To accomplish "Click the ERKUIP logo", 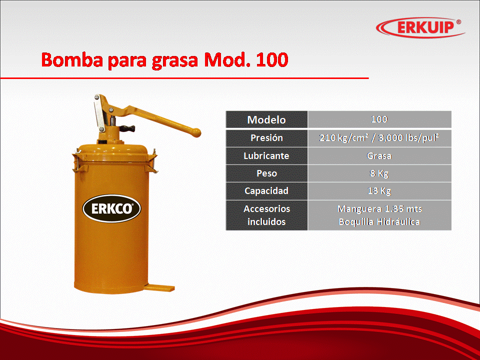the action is [x=420, y=27].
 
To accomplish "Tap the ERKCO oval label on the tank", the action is [x=111, y=209].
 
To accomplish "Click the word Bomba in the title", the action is [x=72, y=59].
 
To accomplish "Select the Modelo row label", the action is [x=266, y=119].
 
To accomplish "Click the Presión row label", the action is [x=266, y=138].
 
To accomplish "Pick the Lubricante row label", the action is [x=266, y=156].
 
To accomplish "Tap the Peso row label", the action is [x=266, y=173].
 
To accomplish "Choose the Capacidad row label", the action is [x=266, y=190].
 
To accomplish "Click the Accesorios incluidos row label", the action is [x=266, y=215].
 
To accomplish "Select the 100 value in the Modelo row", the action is [x=379, y=119].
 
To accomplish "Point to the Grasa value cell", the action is [x=379, y=156].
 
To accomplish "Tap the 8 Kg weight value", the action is [x=379, y=173].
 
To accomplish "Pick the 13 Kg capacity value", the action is [x=379, y=191].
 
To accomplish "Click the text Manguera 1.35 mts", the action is [x=379, y=209].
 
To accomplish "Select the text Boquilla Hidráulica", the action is [x=379, y=221].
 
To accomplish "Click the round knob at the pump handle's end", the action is [x=196, y=132].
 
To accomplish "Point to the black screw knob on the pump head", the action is [x=127, y=128].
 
